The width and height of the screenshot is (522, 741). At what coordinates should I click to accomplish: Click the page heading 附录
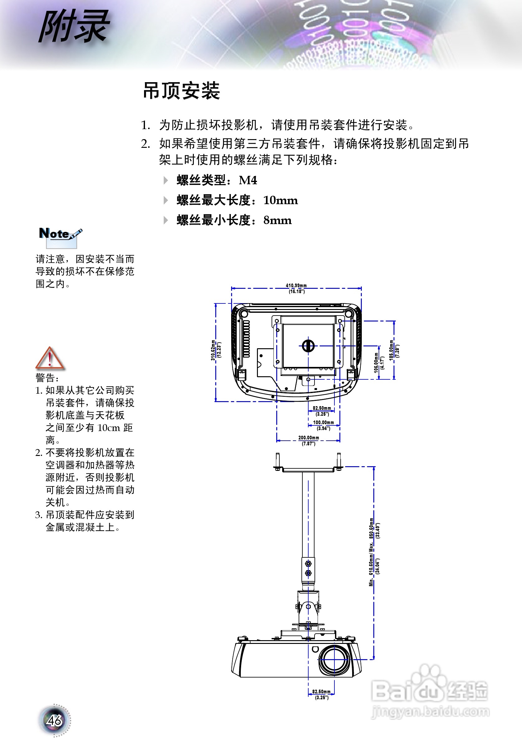point(74,26)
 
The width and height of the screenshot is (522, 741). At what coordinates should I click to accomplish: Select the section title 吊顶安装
point(181,91)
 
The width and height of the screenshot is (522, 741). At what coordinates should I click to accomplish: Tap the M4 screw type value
point(248,180)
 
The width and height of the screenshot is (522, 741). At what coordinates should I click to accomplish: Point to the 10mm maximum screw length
point(280,200)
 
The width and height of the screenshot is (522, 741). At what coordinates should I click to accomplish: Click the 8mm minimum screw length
point(277,220)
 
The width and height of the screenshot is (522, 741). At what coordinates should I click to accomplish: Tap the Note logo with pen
point(60,235)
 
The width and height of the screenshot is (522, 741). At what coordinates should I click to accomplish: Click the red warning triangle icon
point(50,358)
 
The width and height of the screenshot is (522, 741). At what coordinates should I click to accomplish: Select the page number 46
point(54,720)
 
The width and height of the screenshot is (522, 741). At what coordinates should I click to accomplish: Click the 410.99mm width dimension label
point(296,286)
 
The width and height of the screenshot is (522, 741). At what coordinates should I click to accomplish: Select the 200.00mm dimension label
point(308,438)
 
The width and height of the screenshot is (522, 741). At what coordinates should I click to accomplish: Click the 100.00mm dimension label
point(323,422)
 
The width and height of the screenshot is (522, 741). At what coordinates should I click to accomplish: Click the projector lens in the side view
point(334,660)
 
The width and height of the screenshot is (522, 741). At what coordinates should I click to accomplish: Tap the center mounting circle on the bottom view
point(308,346)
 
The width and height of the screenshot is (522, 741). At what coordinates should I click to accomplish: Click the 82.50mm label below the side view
point(321,692)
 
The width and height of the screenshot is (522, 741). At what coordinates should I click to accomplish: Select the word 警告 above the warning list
point(45,378)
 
